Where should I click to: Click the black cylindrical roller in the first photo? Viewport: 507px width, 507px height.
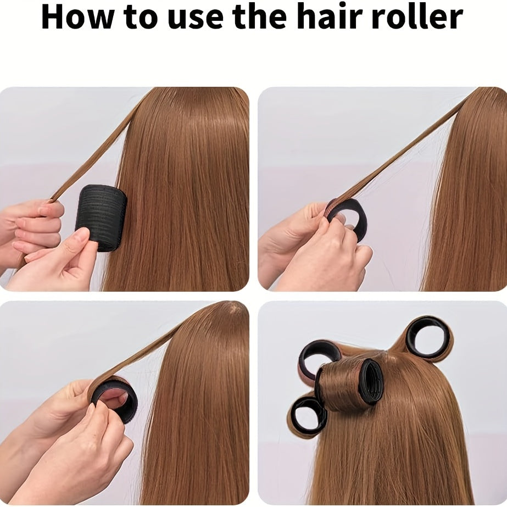pyautogui.click(x=102, y=216)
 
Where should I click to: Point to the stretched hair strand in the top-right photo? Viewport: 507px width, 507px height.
pyautogui.click(x=401, y=154)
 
